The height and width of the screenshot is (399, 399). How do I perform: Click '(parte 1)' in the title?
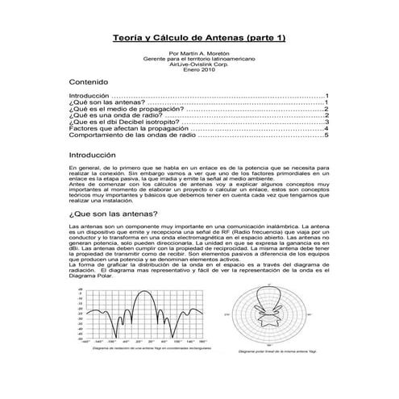264,37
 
